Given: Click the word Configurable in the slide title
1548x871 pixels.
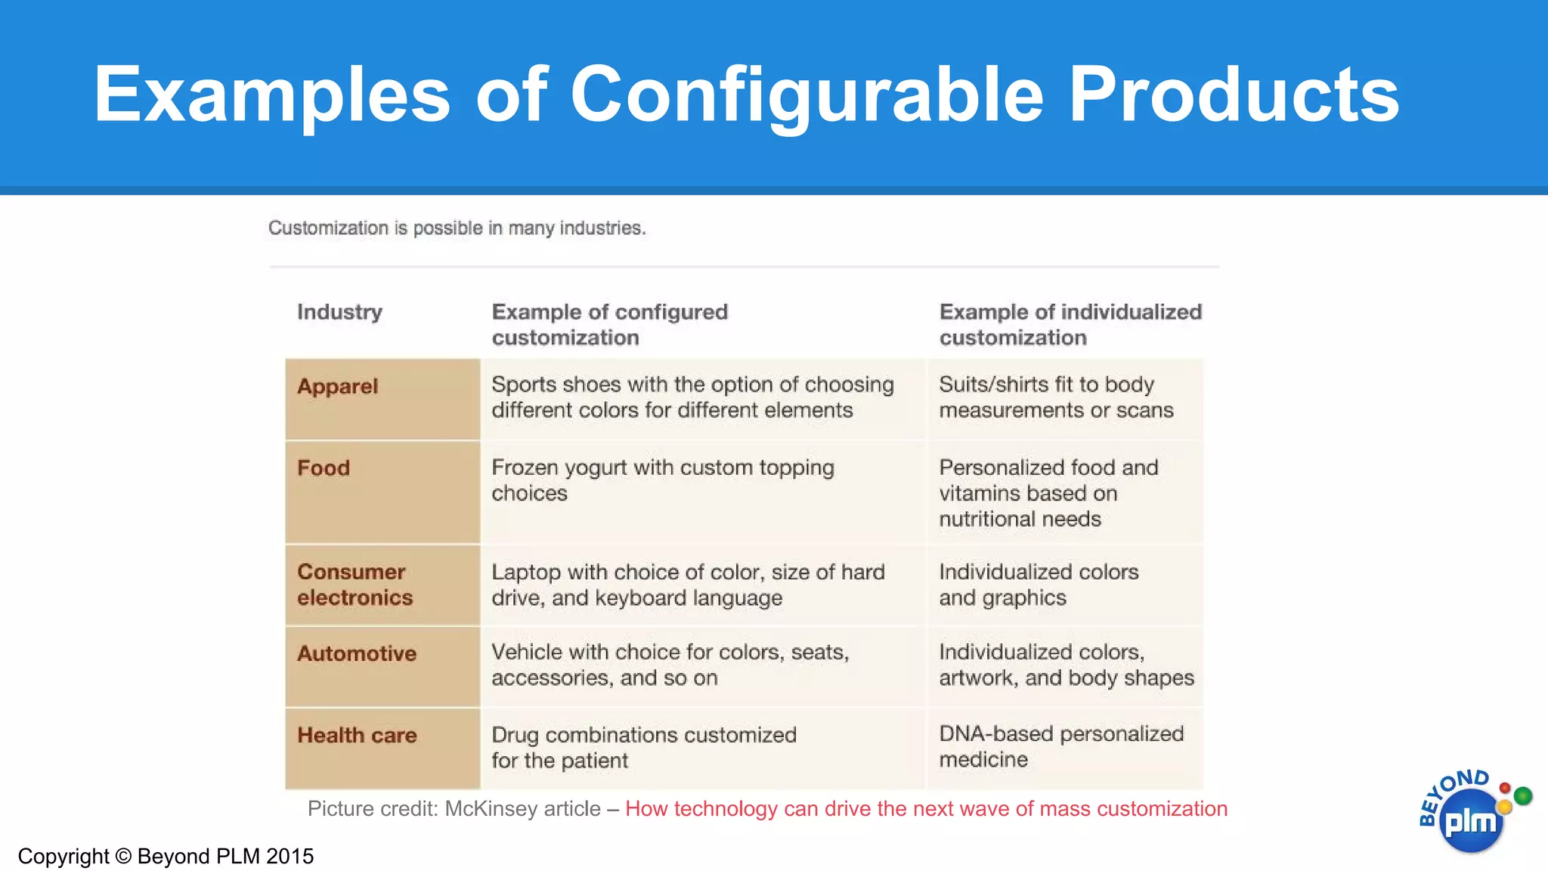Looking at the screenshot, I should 807,96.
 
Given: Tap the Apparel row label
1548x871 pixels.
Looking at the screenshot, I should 337,386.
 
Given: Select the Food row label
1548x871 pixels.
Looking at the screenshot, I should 324,468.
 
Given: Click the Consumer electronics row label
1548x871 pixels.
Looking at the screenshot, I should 354,584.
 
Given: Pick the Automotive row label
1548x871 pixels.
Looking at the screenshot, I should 357,653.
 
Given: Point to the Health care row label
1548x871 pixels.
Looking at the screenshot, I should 357,735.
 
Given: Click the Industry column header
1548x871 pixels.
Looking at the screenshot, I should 339,312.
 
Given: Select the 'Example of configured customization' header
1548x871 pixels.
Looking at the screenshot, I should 609,324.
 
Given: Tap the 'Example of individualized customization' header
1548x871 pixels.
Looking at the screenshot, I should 1070,324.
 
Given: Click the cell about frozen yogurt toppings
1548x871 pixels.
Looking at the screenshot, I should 662,480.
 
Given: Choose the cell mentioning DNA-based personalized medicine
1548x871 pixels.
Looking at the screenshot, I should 1060,746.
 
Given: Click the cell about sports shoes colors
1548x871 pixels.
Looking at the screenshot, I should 692,397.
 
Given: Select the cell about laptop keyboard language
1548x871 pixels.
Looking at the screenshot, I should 687,584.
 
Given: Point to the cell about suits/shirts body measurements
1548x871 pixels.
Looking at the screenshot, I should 1055,397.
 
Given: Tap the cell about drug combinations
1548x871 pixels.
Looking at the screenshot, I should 643,747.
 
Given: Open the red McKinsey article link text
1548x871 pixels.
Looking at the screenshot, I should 926,809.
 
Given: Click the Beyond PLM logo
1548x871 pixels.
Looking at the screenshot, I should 1469,815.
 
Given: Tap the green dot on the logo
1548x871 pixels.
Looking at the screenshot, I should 1523,795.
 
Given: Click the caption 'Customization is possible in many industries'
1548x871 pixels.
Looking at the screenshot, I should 457,228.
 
